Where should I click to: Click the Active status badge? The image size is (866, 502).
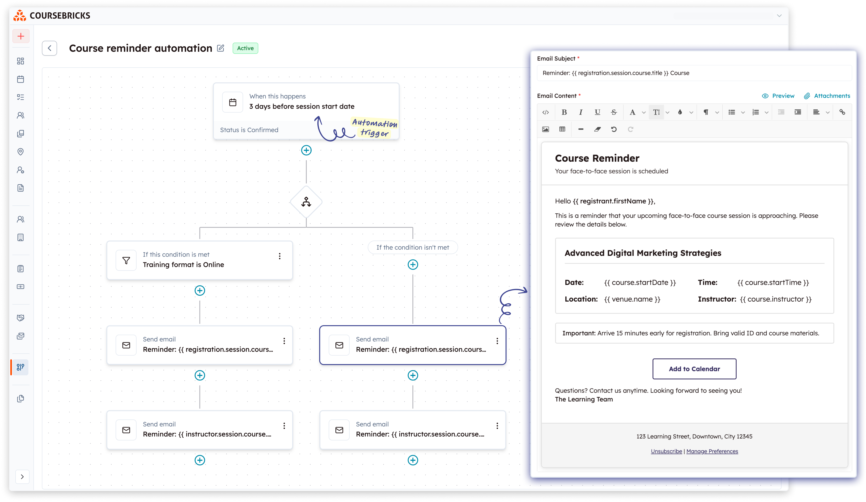click(x=245, y=48)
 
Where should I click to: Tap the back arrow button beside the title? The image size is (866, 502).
click(x=49, y=48)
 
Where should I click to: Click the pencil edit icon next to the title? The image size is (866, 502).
click(x=221, y=48)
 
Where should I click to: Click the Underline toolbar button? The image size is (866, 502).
click(x=597, y=112)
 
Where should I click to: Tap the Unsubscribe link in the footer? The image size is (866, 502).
click(x=666, y=451)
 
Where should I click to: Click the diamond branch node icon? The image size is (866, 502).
click(x=306, y=202)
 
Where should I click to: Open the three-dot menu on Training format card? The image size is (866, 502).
click(x=280, y=256)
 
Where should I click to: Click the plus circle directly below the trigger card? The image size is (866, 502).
click(x=306, y=150)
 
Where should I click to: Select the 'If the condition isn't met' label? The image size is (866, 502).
click(x=412, y=247)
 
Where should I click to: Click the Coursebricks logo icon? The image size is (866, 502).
click(x=20, y=16)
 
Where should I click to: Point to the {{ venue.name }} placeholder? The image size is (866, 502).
click(x=632, y=299)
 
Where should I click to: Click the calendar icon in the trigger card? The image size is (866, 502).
click(x=233, y=102)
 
